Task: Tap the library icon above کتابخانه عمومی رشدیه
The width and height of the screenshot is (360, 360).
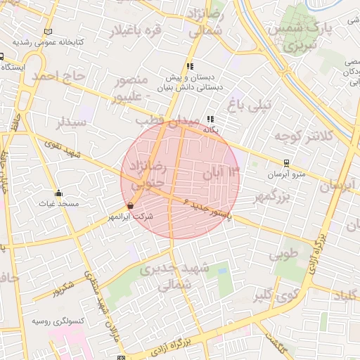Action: [x=48, y=32]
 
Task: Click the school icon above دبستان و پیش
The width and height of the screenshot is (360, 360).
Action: [x=189, y=65]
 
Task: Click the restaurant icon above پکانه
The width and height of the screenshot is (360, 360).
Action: [x=210, y=120]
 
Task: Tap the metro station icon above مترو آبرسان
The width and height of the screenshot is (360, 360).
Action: [x=285, y=162]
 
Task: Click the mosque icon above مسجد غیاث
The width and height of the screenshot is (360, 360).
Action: [x=58, y=193]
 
